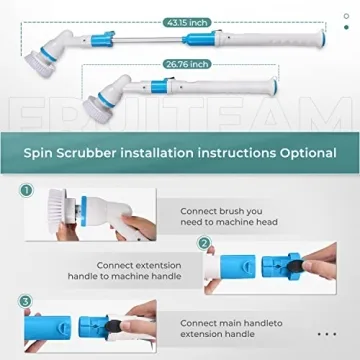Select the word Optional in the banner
pos(307,154)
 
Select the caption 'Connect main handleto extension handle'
pos(230,329)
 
